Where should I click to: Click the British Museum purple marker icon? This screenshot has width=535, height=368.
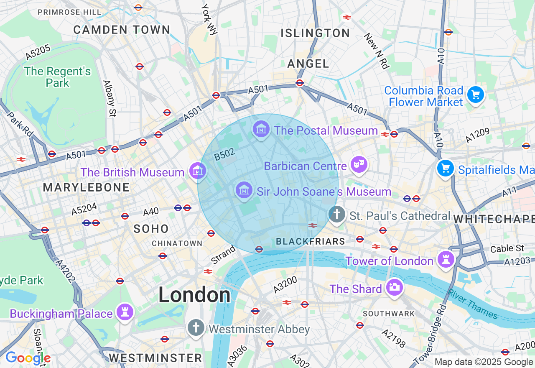(x=198, y=171)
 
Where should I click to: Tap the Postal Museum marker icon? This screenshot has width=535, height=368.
(x=261, y=130)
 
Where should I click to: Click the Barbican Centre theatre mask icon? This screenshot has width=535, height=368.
(x=359, y=165)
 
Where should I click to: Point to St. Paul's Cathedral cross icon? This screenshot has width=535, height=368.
(x=337, y=215)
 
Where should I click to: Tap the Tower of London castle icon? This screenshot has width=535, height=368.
(x=446, y=259)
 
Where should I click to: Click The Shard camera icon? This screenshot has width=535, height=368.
(x=394, y=288)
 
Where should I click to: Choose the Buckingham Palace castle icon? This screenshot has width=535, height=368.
(x=125, y=312)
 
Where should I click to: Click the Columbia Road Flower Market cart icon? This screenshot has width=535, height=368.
(x=475, y=95)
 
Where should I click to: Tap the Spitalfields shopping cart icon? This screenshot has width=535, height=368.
(x=446, y=169)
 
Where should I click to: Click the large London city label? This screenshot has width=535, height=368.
(x=194, y=295)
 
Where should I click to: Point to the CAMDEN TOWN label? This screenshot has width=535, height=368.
(x=122, y=30)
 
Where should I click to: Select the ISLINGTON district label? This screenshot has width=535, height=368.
(x=315, y=33)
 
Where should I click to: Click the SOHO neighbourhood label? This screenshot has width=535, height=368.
(x=151, y=229)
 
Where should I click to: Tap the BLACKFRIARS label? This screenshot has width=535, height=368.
(x=311, y=241)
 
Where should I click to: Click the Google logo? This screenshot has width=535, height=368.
(x=28, y=358)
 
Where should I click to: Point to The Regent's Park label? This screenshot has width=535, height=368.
(x=57, y=77)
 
